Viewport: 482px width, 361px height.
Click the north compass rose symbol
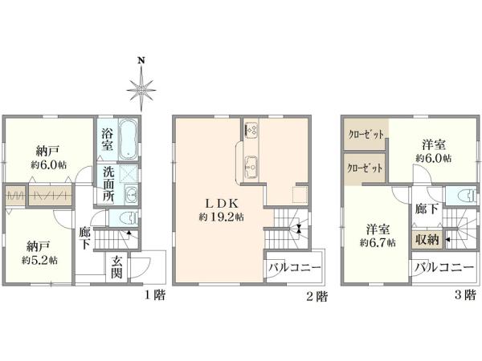(x=142, y=85)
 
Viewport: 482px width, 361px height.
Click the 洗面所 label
(x=108, y=183)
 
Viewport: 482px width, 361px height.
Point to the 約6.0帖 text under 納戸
(x=48, y=164)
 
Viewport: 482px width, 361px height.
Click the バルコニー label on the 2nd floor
(x=294, y=267)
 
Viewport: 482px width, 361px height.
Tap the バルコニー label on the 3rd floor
(x=443, y=266)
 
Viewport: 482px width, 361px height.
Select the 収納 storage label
(x=426, y=239)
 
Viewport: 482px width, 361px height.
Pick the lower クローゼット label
(x=364, y=169)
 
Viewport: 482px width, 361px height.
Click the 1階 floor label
(x=155, y=296)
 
